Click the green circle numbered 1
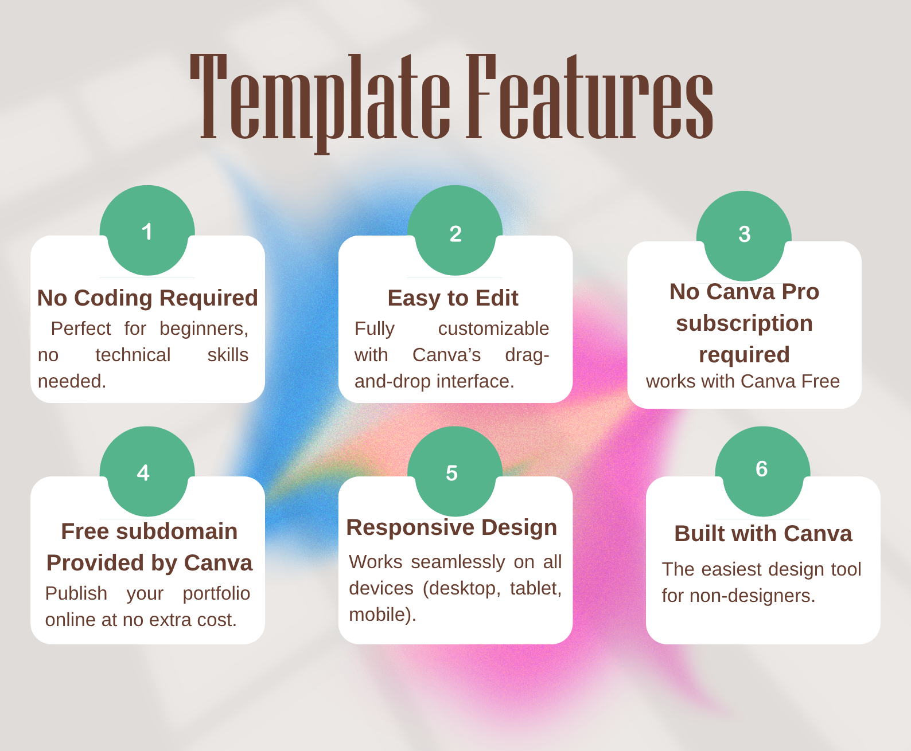click(x=147, y=231)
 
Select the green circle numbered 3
click(x=744, y=235)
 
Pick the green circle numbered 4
click(x=147, y=472)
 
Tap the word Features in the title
click(x=590, y=97)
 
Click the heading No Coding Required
click(x=147, y=298)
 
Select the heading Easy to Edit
click(x=453, y=298)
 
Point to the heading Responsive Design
click(x=451, y=527)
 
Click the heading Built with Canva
click(x=763, y=534)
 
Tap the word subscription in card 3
click(x=744, y=323)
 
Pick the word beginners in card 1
click(x=204, y=328)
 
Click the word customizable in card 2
click(x=493, y=328)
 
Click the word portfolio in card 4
click(x=216, y=593)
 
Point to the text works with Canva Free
click(x=742, y=381)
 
